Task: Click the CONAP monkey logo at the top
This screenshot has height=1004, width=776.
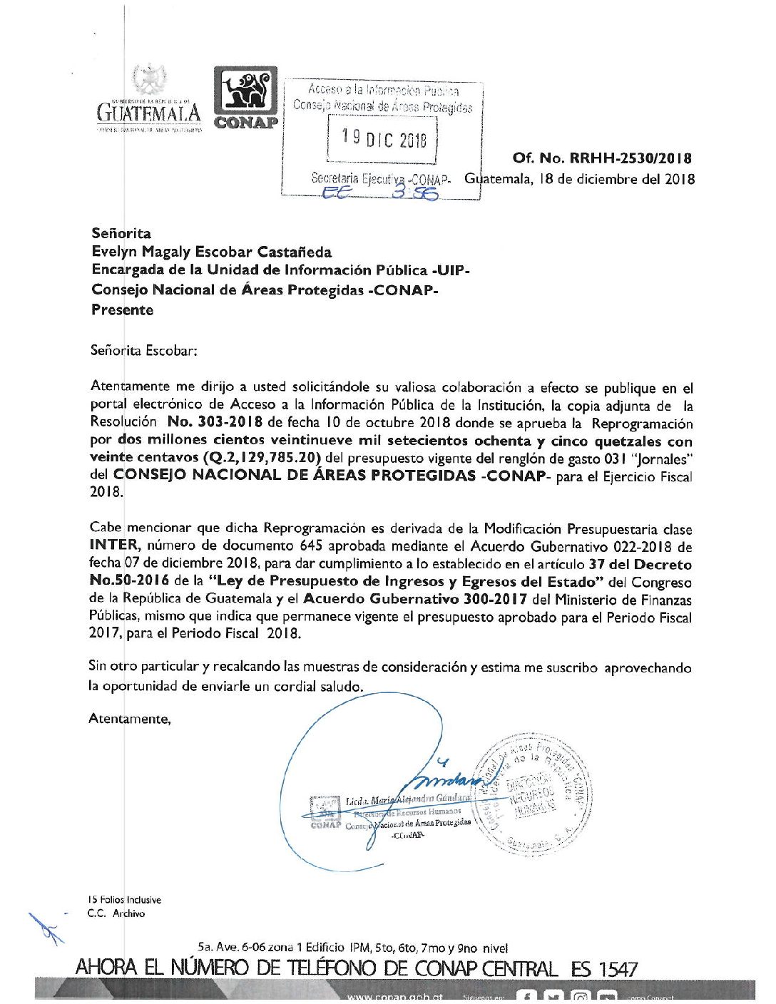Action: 245,98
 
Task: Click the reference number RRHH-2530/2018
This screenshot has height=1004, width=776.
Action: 630,158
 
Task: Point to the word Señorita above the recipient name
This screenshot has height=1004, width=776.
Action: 121,233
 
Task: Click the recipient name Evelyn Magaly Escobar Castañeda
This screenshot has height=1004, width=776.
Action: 211,252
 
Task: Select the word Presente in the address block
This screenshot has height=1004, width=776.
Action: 122,309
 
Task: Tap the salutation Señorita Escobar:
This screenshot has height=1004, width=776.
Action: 143,350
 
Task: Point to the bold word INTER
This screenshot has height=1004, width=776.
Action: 113,546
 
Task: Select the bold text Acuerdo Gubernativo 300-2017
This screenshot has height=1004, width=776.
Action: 415,599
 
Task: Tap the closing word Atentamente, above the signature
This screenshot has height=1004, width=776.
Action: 130,719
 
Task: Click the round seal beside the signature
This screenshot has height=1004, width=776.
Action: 533,793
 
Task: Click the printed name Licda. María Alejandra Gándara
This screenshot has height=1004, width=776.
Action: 407,800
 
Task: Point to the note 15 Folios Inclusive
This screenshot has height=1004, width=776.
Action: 124,900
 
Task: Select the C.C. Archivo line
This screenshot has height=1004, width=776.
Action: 116,913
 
